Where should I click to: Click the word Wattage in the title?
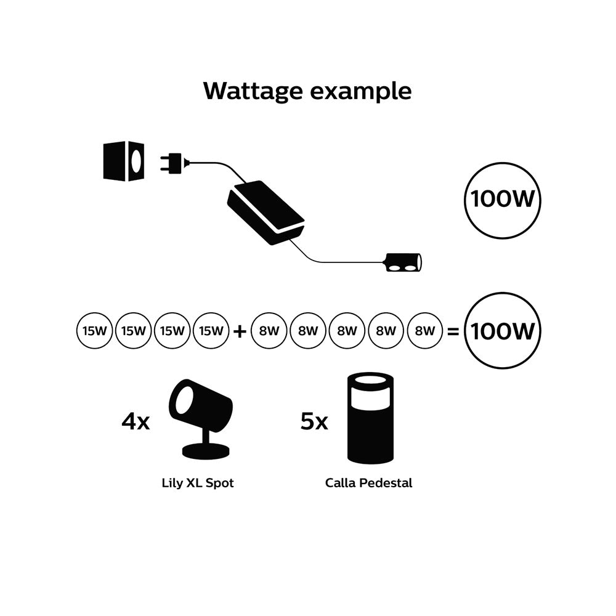(x=253, y=91)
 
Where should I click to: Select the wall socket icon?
(x=124, y=161)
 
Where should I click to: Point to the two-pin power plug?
(x=174, y=163)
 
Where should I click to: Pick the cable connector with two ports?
(x=402, y=263)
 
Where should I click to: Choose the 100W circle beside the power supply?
(x=502, y=200)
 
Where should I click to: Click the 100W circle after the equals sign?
(x=502, y=331)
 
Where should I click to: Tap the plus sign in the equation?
(x=240, y=331)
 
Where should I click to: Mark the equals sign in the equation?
(x=453, y=331)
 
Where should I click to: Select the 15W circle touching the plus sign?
(x=211, y=331)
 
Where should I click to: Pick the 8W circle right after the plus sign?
(x=269, y=331)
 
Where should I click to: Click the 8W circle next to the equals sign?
(x=425, y=331)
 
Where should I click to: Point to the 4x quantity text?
(x=136, y=422)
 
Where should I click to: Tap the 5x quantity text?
(x=314, y=422)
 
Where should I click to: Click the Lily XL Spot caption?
(x=198, y=483)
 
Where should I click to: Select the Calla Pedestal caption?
(x=368, y=483)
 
